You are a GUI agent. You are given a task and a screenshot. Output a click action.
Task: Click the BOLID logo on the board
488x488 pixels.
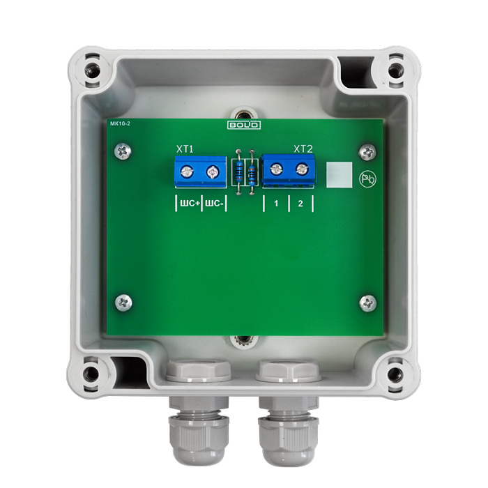click(x=244, y=125)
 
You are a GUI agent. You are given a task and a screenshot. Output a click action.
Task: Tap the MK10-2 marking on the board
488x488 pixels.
click(x=120, y=123)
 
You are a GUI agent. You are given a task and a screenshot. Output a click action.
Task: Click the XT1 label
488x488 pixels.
click(x=185, y=149)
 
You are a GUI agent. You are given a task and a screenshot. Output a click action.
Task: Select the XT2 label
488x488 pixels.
click(x=303, y=149)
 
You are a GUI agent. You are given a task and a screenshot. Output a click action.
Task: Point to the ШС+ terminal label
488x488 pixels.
click(x=190, y=204)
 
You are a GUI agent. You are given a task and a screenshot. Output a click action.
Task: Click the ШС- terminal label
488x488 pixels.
click(x=215, y=204)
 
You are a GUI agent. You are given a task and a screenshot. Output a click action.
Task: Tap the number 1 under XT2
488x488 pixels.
click(x=276, y=204)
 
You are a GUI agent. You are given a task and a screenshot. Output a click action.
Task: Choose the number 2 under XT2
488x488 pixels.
click(x=300, y=204)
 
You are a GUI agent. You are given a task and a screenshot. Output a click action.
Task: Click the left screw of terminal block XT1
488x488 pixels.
click(x=187, y=171)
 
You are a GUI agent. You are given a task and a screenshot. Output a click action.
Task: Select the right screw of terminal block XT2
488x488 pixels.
click(x=302, y=169)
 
